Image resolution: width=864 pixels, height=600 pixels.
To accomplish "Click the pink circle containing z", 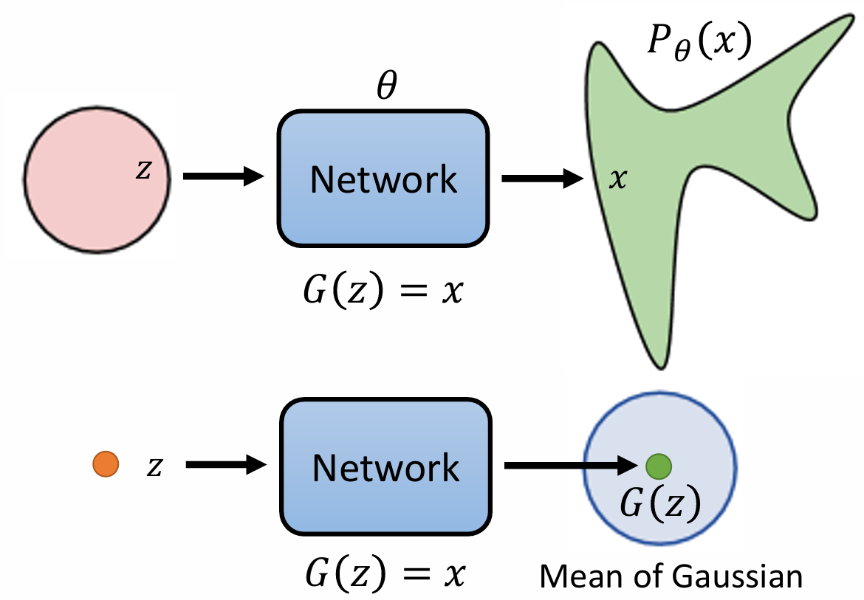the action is [x=97, y=179].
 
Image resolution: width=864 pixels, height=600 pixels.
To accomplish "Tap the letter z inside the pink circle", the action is [x=143, y=170].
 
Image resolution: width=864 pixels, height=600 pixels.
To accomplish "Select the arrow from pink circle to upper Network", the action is [x=224, y=176].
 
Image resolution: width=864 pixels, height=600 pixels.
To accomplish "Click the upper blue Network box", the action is [x=383, y=179].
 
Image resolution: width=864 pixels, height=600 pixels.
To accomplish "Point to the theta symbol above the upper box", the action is [x=387, y=86].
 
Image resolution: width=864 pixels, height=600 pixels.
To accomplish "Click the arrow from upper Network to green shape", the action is [x=542, y=179].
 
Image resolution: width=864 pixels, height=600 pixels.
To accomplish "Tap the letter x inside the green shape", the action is [x=618, y=179].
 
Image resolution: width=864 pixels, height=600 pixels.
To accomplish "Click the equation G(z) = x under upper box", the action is [x=383, y=290].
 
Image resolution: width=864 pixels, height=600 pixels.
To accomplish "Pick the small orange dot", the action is [x=106, y=464].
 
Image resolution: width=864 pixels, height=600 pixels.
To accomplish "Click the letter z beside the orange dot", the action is [x=155, y=466].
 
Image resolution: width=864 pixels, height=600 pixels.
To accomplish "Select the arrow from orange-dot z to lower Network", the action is [x=227, y=465].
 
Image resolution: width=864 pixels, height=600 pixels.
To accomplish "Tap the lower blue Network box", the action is [x=385, y=466].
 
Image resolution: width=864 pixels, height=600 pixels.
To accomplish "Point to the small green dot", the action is [x=659, y=466].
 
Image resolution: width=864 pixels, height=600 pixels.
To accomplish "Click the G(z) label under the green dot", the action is [x=661, y=503].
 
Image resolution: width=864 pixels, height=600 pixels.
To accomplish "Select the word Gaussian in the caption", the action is [x=737, y=577].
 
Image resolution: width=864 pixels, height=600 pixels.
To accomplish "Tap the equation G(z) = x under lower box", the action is [x=385, y=573].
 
